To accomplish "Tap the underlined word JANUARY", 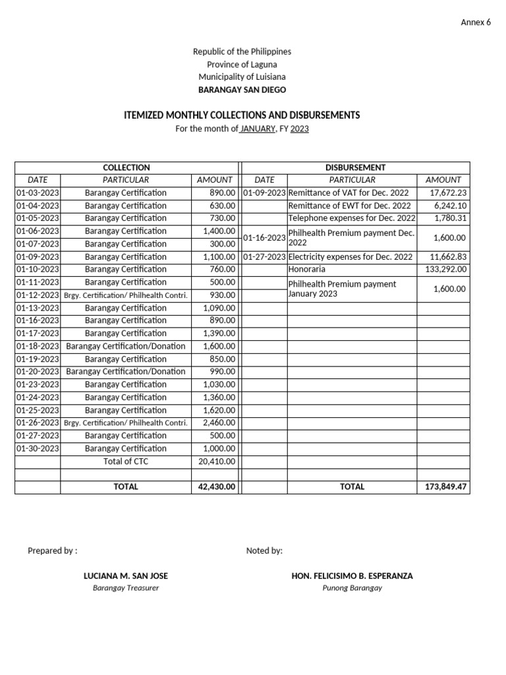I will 257,129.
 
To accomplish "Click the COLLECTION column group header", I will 126,167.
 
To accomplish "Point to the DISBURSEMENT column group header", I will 356,167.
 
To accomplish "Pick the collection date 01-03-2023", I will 38,193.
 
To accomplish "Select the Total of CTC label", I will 126,461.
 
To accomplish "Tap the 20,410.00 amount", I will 216,461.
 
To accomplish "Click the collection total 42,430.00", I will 216,486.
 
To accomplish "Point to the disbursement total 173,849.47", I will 443,486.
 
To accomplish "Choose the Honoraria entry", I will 306,270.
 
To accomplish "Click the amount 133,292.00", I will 443,270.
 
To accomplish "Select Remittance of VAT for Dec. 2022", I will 349,193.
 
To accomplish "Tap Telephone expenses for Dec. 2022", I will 352,218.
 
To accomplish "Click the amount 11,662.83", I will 445,257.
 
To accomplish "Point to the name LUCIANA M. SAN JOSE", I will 126,575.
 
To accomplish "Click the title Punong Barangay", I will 352,587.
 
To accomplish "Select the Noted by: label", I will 264,550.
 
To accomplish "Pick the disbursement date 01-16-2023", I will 264,237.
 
